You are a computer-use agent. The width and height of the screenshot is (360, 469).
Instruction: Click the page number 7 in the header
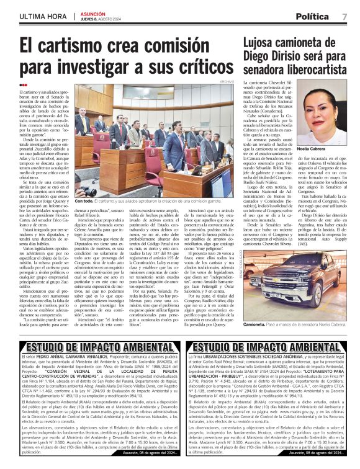click(344, 16)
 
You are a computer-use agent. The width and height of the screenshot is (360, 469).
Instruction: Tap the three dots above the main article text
click(23, 85)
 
